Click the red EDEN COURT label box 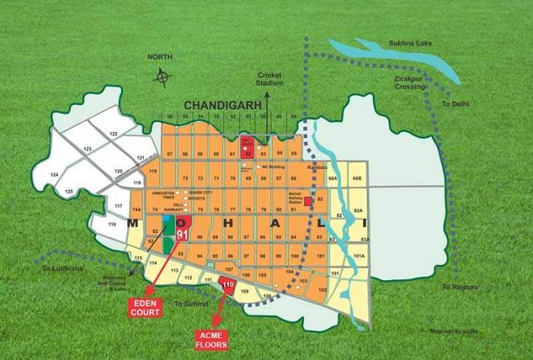click(145, 308)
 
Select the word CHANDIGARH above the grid click(222, 104)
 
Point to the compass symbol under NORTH click(161, 77)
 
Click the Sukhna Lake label click(410, 43)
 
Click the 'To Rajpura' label click(458, 286)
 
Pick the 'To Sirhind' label click(188, 304)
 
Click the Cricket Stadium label click(270, 78)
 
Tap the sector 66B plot click(356, 178)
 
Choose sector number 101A click(359, 256)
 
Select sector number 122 click(113, 134)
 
